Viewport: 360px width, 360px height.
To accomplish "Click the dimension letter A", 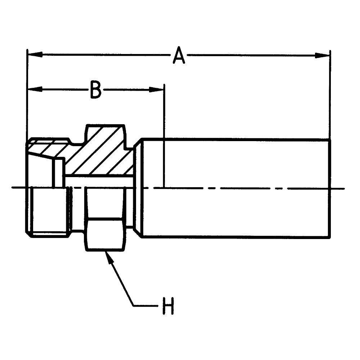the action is tap(179, 55).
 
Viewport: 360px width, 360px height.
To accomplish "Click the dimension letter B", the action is tap(95, 90).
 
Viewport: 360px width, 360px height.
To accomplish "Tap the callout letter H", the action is tap(168, 306).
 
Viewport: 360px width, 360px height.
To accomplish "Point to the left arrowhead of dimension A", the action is tap(35, 55).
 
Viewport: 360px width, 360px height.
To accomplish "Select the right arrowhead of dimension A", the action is tap(322, 55).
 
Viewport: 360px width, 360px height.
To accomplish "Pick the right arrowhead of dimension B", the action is tap(156, 89).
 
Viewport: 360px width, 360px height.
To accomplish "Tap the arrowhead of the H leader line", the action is tap(109, 258).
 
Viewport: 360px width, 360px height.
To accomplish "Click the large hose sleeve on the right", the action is tap(237, 188).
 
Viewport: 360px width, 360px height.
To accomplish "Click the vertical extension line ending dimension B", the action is tap(164, 136).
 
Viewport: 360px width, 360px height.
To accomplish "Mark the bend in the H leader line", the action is tap(134, 306).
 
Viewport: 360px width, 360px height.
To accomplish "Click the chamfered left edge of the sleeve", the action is tap(138, 188).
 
